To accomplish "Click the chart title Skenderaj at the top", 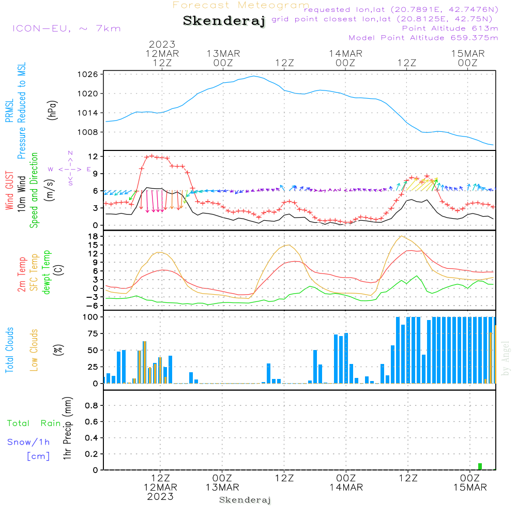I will [224, 21].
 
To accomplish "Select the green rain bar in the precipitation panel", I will [480, 466].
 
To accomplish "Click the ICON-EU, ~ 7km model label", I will [66, 28].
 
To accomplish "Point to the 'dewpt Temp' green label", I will [47, 272].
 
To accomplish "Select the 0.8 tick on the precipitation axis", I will [92, 406].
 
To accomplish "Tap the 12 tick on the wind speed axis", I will [93, 156].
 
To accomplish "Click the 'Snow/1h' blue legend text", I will [28, 442].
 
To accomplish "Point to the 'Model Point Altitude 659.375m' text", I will [423, 38].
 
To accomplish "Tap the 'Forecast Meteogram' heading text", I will [241, 5].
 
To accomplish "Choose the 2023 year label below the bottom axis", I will [160, 496].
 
